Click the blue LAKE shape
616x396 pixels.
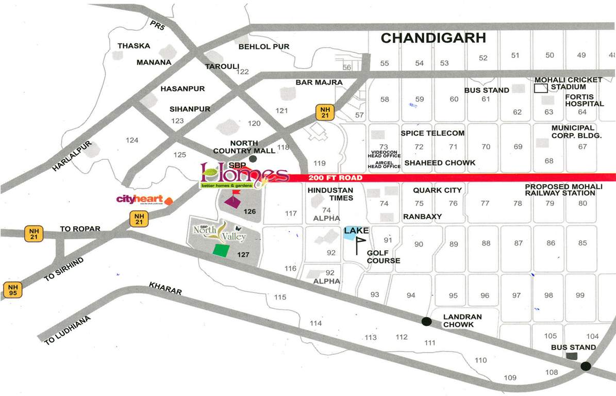coord(350,234)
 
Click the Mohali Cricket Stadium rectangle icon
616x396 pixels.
coord(541,88)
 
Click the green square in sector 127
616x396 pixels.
coord(221,250)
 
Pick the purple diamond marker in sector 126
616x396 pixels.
coord(232,202)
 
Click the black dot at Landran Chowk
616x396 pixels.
coord(426,321)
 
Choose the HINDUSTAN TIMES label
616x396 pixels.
coord(330,194)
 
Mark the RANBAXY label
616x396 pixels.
coord(422,217)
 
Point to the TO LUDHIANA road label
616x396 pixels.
coord(68,331)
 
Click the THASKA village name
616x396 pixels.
coord(134,46)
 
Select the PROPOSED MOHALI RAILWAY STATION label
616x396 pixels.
coord(560,190)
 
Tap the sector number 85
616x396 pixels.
coord(582,243)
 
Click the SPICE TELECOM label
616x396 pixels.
coord(432,133)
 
